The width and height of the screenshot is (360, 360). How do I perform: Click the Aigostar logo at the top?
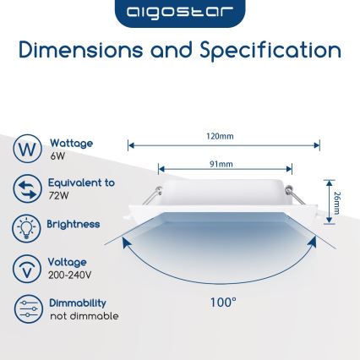pos(179,13)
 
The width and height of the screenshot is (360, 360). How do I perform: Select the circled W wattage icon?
pos(27,149)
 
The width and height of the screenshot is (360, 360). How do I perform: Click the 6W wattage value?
pos(57,156)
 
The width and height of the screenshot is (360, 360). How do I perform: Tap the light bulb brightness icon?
pos(27,227)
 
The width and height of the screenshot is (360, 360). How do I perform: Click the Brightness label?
pos(74,225)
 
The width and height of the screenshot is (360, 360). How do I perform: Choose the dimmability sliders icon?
pos(27,308)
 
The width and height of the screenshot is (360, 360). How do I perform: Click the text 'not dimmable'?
pos(85,316)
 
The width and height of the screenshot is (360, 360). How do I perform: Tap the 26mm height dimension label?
pos(336,202)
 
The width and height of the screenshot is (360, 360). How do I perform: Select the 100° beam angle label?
pos(223,301)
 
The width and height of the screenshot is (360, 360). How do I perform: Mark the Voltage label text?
pos(67,263)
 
